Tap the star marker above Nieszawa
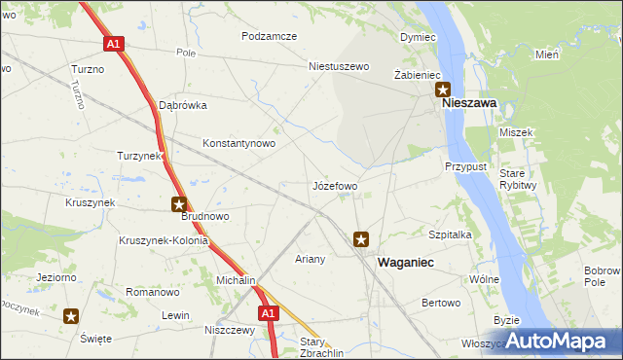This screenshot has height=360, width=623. coord(442,89)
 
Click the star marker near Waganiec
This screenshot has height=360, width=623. coord(361,238)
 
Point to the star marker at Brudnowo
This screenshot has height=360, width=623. coord(179,204)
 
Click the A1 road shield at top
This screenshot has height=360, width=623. coord(114,44)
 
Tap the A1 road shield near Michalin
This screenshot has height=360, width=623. coord(270,313)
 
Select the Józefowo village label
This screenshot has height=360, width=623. coord(334,185)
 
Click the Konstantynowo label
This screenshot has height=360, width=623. coord(238,143)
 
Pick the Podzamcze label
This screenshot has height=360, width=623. coord(270,35)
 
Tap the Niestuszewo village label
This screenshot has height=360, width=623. coord(340,67)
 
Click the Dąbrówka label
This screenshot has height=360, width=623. coord(182,105)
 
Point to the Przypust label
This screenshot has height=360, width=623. coord(465,166)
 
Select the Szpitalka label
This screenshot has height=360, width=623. coord(450,234)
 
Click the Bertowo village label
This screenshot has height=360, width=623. coord(441,304)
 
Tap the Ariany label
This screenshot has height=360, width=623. coord(310,260)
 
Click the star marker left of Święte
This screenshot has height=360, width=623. coord(72,316)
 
